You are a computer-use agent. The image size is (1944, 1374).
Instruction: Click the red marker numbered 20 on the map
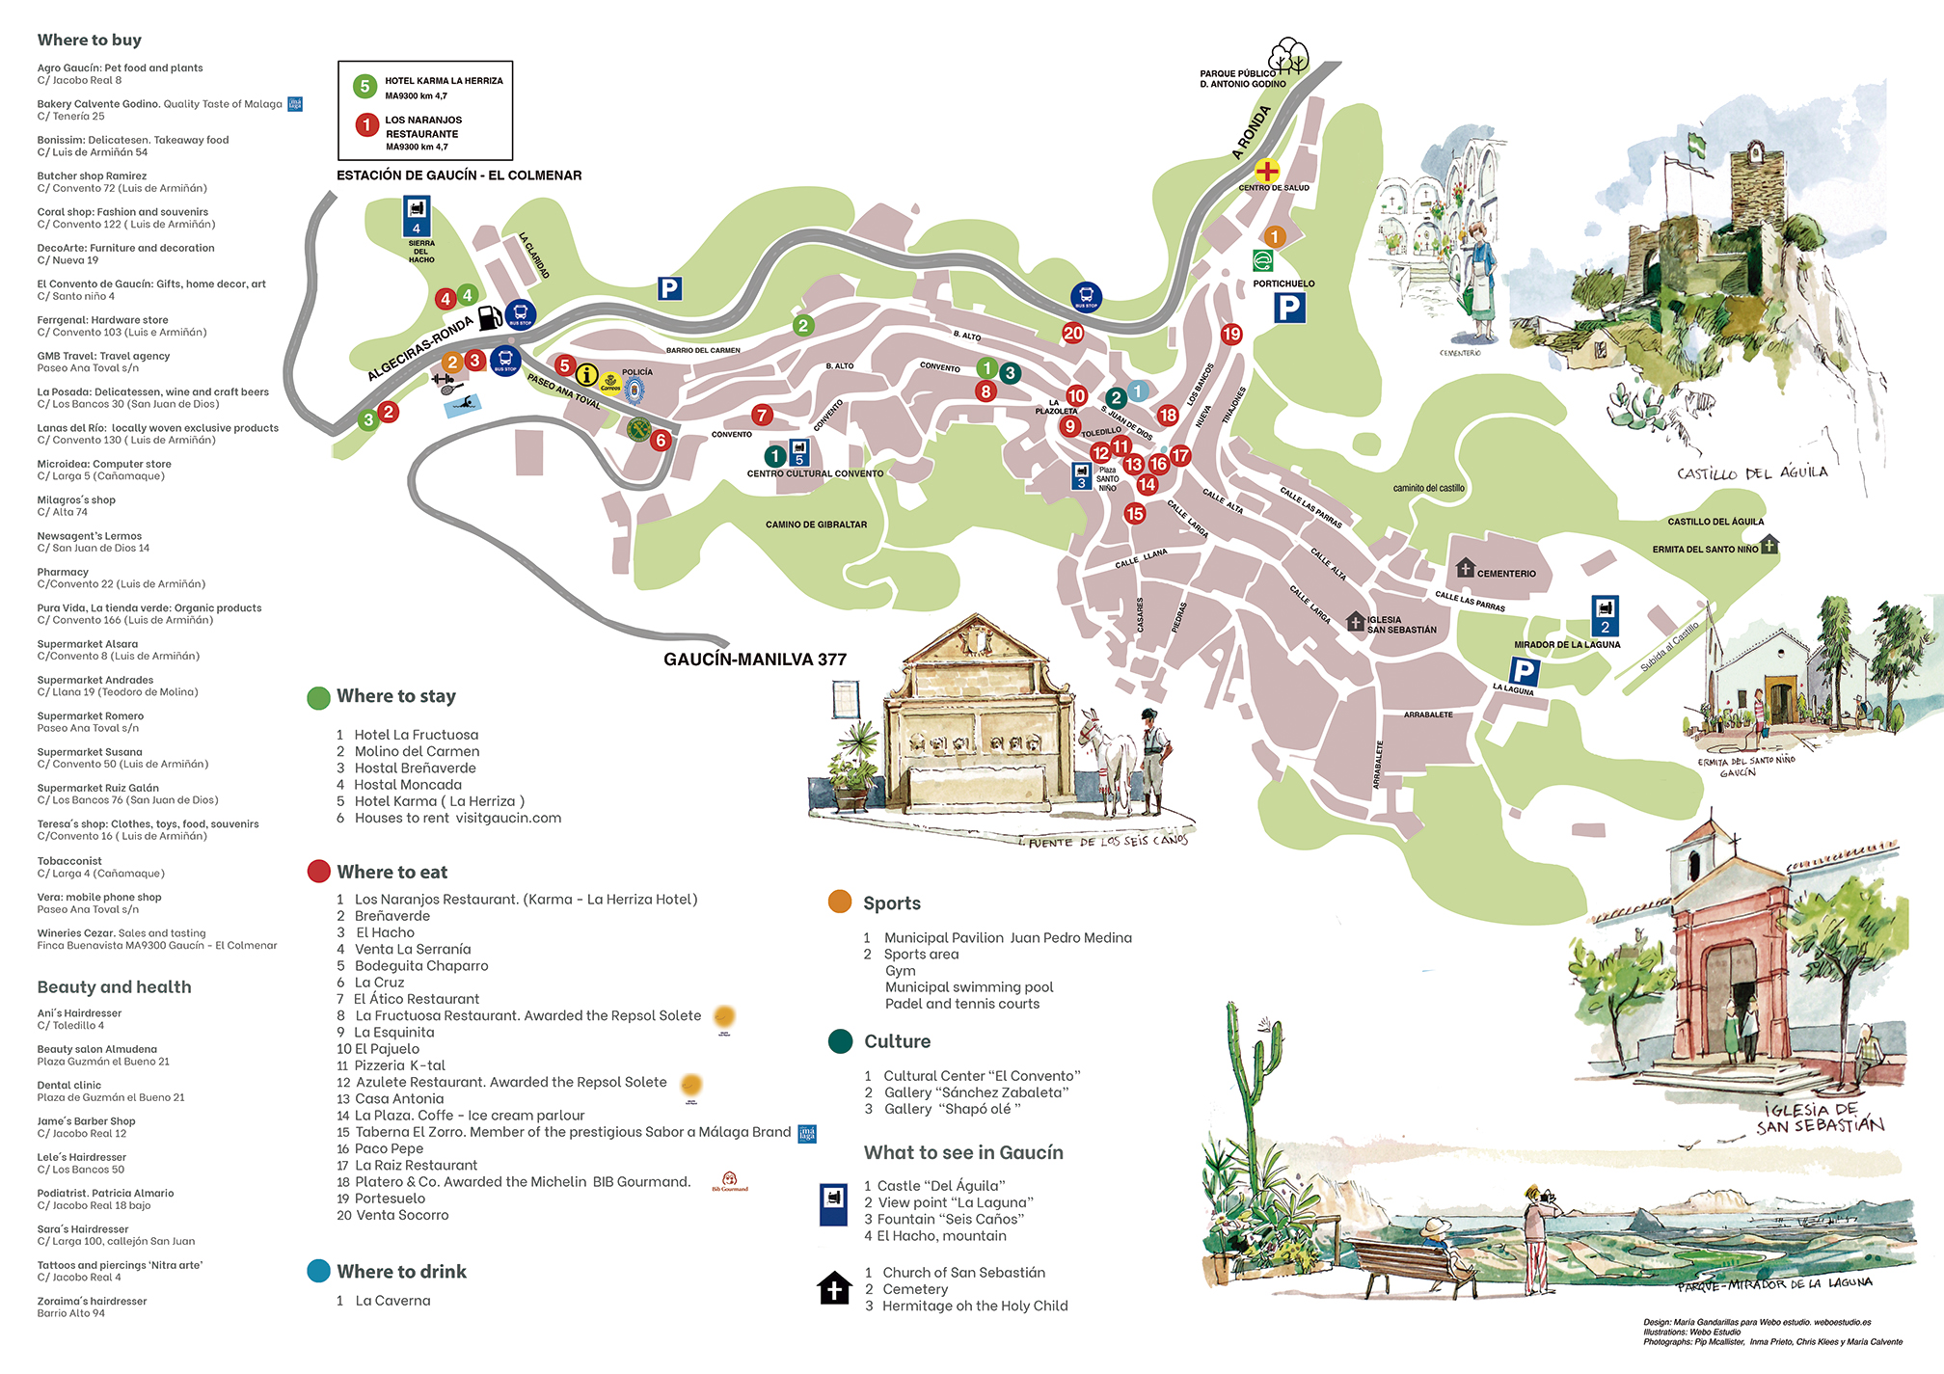pos(1072,333)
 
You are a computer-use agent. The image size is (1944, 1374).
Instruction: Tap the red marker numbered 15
pos(1135,514)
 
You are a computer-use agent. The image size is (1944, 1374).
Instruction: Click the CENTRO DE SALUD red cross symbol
pos(1267,172)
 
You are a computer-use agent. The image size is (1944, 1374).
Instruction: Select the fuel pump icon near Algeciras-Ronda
pos(490,316)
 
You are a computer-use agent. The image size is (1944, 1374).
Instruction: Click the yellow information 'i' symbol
pos(586,375)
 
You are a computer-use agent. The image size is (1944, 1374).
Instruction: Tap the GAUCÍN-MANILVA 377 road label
pos(754,660)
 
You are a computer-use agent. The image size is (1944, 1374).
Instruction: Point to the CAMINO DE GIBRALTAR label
pos(816,525)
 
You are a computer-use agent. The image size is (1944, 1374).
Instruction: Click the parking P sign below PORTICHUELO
pos(1288,308)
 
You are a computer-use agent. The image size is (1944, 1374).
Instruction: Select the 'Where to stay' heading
pos(395,696)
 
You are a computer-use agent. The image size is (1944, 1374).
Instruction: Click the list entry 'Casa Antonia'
pos(399,1098)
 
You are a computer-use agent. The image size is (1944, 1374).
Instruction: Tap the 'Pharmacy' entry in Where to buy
pos(63,572)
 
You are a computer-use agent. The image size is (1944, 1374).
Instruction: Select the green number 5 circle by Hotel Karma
pos(364,86)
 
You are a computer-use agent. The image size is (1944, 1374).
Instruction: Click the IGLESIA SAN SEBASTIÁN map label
pos(1400,625)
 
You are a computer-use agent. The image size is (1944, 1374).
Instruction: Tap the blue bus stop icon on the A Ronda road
pos(1086,296)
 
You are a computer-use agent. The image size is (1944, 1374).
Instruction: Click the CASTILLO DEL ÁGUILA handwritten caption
pos(1751,472)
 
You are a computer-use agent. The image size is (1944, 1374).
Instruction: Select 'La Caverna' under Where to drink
pos(392,1301)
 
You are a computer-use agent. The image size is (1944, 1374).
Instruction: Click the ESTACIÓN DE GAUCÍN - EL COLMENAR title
pos(459,175)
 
